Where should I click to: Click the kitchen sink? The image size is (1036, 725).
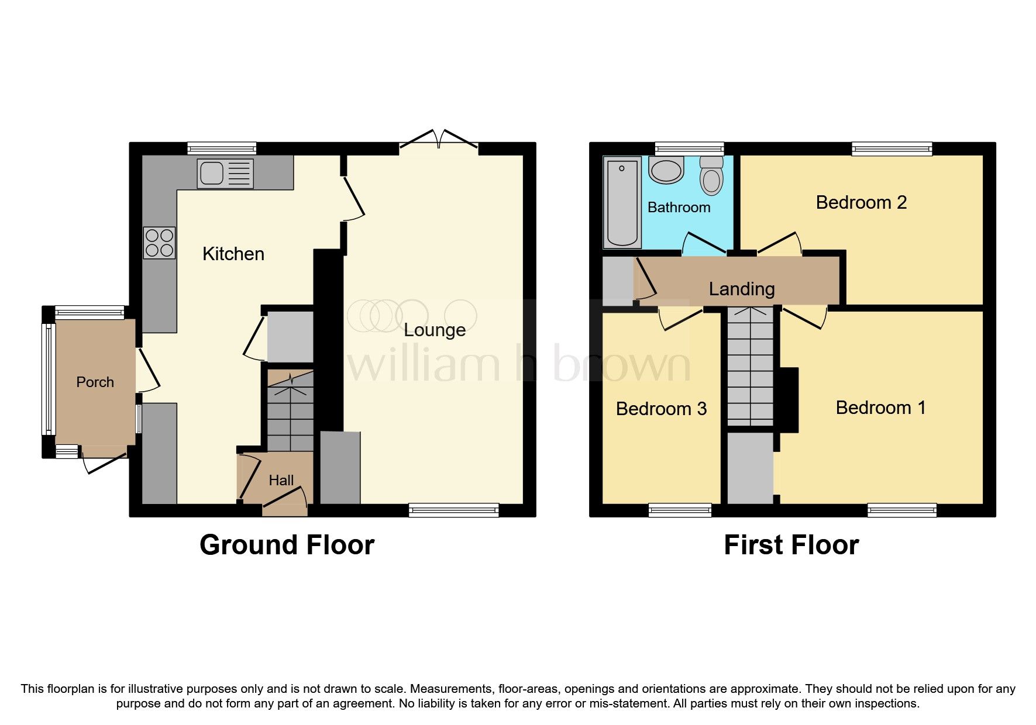pos(225,173)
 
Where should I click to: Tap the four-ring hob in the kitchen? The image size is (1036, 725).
pos(159,243)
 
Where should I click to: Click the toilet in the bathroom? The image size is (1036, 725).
pos(711,175)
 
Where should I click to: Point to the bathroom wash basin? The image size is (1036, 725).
pos(666,170)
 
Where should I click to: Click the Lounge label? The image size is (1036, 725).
pos(435,330)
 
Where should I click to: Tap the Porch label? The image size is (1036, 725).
pos(95,382)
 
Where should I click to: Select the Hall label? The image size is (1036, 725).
pos(281,481)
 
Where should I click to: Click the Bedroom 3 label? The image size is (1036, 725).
pos(661,409)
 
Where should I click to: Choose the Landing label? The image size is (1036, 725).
pos(741,289)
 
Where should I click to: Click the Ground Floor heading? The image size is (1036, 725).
pos(287,545)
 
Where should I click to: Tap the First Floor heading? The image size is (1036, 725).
pos(791,545)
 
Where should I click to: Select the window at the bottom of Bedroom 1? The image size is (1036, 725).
pos(901,510)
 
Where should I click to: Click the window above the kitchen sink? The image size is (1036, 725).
pos(222,149)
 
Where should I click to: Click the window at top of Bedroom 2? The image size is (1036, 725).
pos(892,149)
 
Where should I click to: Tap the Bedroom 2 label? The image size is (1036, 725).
pos(861,202)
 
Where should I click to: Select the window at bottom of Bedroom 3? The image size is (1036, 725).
pos(680,510)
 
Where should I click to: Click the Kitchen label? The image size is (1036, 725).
pos(233,254)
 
